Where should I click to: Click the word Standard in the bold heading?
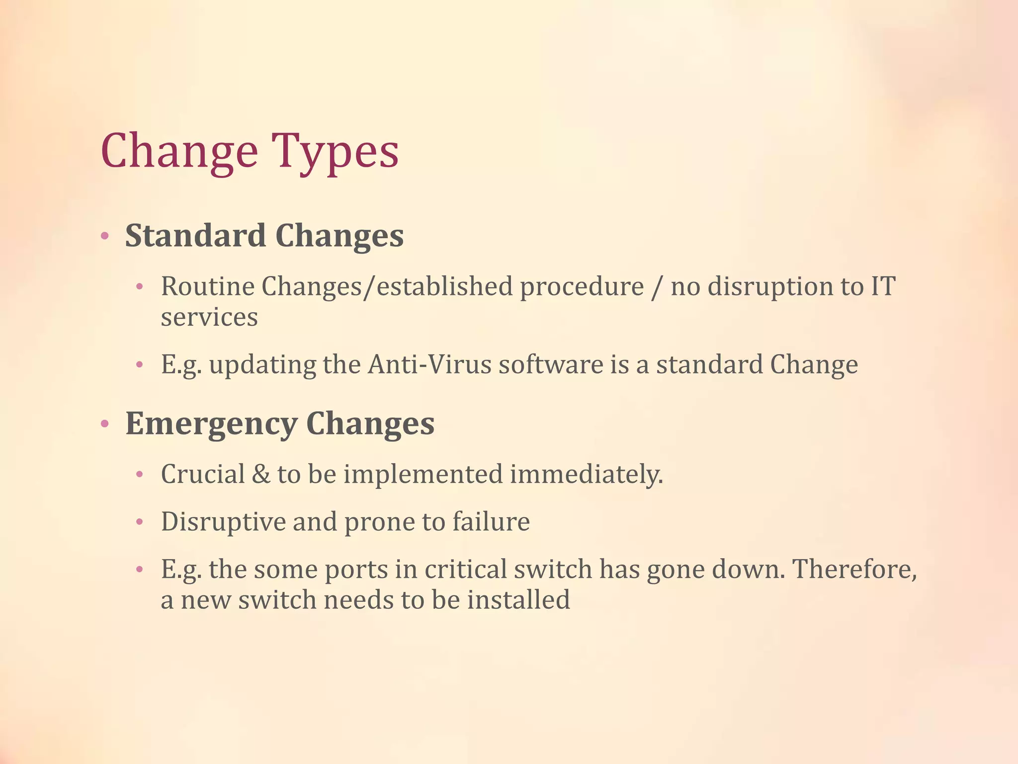click(x=195, y=235)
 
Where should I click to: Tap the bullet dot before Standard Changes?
click(x=104, y=236)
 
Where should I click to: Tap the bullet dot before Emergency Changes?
click(x=104, y=424)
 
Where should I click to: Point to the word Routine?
click(x=208, y=287)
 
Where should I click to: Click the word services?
click(x=209, y=318)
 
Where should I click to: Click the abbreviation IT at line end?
click(x=883, y=287)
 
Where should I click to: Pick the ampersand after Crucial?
click(x=261, y=474)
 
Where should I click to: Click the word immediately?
click(x=587, y=474)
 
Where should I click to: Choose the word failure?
click(x=491, y=522)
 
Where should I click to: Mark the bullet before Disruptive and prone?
click(x=140, y=522)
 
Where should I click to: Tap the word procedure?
click(x=582, y=287)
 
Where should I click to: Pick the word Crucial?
click(x=203, y=474)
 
